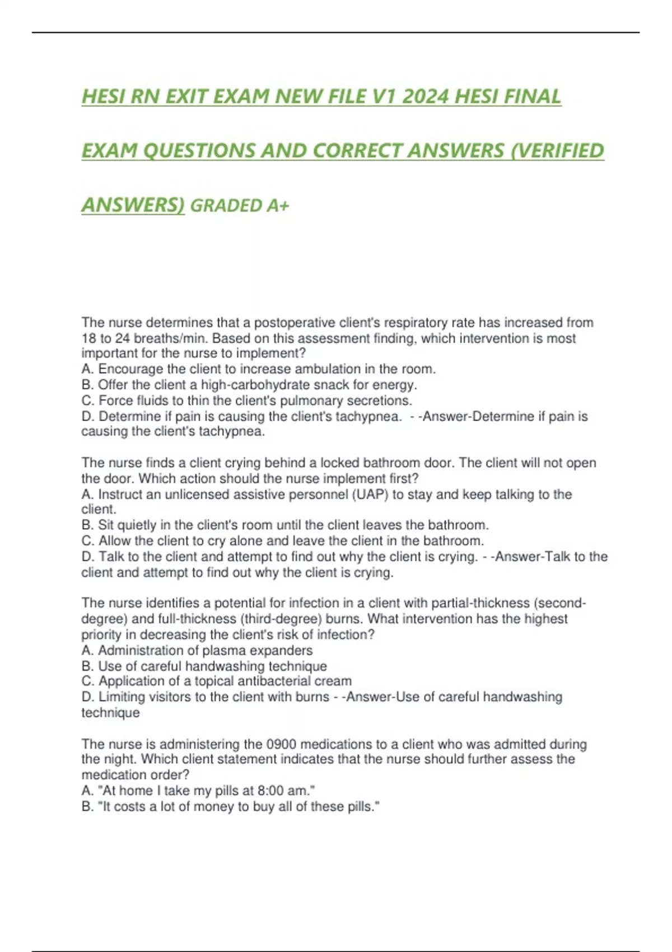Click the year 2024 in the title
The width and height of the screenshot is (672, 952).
pos(426,97)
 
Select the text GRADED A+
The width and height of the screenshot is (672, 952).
pos(240,206)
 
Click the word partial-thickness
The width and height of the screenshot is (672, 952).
pos(480,603)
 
